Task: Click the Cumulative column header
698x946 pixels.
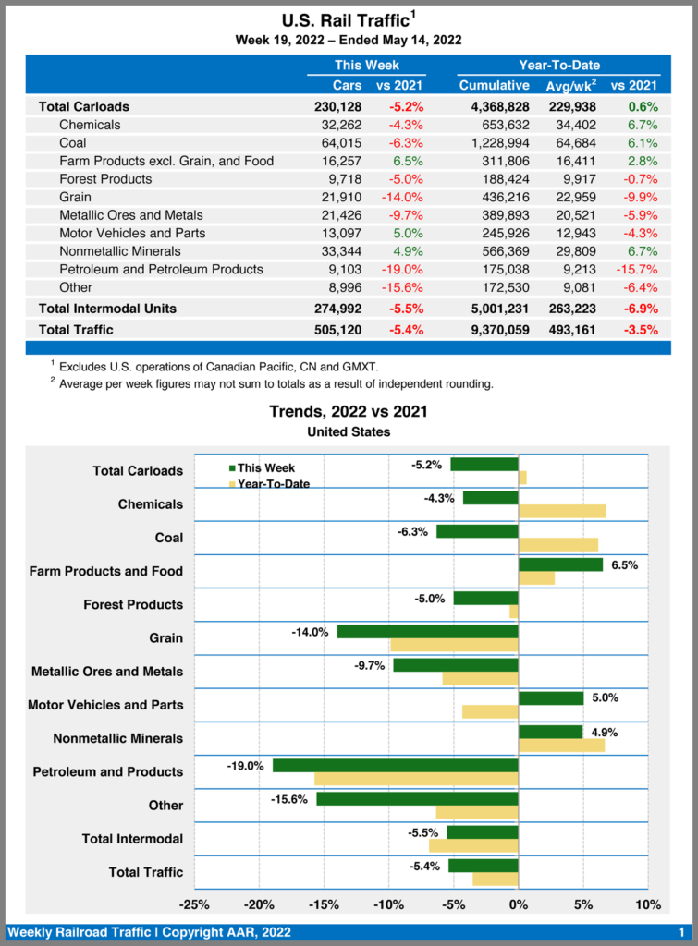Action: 494,86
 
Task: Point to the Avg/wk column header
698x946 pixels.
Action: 571,86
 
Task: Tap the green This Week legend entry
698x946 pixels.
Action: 263,467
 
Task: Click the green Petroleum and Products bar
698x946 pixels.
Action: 396,765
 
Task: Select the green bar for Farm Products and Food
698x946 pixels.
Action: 560,564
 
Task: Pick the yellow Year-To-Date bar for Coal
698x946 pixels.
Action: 558,544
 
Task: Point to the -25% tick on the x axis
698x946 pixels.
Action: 194,904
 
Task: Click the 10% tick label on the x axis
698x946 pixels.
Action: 648,904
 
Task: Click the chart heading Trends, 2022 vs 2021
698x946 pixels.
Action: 348,411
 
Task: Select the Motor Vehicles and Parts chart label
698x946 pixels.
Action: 105,705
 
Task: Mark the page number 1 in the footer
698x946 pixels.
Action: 681,932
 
